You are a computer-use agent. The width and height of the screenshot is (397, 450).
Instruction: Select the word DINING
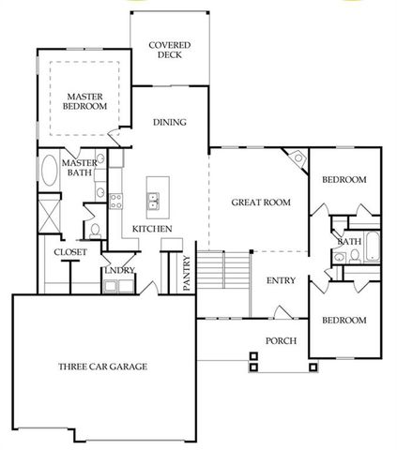pyautogui.click(x=170, y=122)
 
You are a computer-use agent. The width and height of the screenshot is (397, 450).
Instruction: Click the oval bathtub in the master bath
pyautogui.click(x=49, y=175)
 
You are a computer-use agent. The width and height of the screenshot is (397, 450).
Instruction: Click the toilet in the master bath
pyautogui.click(x=97, y=230)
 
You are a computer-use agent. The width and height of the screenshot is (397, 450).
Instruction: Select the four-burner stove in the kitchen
pyautogui.click(x=116, y=199)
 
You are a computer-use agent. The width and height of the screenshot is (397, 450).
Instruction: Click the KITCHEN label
pyautogui.click(x=151, y=230)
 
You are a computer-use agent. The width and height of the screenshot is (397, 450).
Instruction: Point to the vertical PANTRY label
pyautogui.click(x=187, y=274)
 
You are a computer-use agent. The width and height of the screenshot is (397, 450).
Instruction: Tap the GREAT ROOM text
pyautogui.click(x=261, y=202)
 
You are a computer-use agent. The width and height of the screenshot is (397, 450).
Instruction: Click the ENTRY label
pyautogui.click(x=282, y=280)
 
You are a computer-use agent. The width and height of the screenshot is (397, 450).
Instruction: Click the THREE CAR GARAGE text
pyautogui.click(x=102, y=366)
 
